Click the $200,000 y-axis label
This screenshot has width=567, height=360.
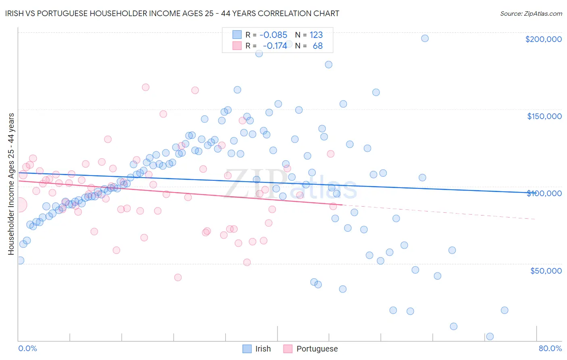(543, 39)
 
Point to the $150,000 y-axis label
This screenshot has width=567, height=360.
(544, 116)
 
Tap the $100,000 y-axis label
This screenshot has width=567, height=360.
(544, 193)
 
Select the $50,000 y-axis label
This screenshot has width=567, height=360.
(546, 271)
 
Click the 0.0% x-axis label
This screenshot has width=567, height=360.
(27, 348)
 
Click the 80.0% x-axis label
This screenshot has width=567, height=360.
(550, 348)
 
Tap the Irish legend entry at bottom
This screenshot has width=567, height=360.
(256, 349)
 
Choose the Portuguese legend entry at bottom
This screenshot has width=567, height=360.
(311, 349)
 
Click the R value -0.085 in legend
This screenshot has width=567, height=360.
(273, 35)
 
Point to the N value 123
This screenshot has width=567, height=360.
(316, 35)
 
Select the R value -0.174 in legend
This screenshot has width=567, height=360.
(275, 46)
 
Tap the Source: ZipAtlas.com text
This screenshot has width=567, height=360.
(531, 13)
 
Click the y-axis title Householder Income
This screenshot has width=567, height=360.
(11, 184)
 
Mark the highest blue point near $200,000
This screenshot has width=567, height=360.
(425, 38)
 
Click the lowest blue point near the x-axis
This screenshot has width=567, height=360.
(490, 337)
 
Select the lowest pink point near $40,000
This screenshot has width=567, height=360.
(178, 277)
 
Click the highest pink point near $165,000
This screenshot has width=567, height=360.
(146, 87)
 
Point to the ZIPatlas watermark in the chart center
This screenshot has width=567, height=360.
(290, 184)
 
